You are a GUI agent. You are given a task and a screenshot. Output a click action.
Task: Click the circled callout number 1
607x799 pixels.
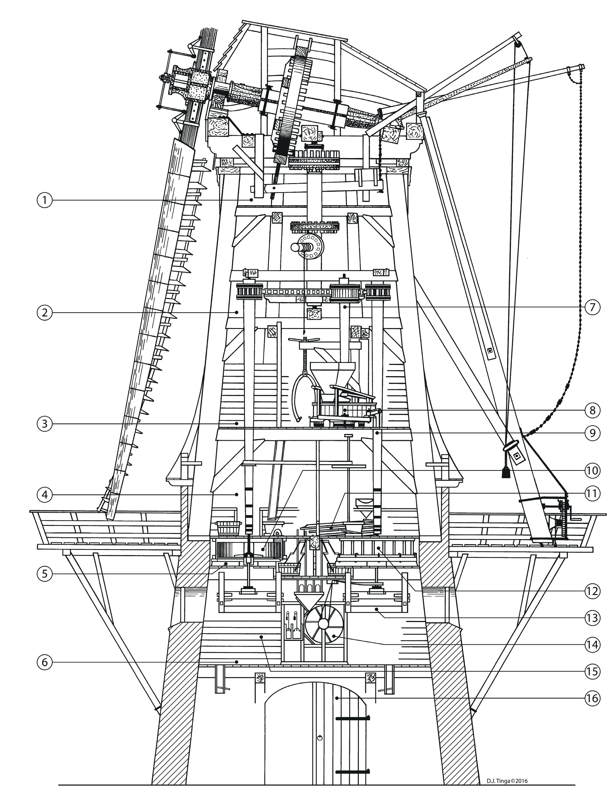coord(45,200)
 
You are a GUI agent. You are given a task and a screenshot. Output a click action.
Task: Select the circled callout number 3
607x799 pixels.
coord(45,423)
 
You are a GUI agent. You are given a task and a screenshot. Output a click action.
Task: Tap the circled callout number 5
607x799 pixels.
coord(45,574)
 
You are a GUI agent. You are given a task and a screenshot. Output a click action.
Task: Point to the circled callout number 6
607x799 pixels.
coord(45,662)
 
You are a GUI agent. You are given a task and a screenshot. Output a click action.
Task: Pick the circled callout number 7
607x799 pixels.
coord(592,307)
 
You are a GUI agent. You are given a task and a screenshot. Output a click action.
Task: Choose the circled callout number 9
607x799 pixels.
coord(592,433)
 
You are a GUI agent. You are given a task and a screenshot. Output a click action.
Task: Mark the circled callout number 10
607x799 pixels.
coord(592,470)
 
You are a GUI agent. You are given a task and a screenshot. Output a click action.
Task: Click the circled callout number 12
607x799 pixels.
coord(592,591)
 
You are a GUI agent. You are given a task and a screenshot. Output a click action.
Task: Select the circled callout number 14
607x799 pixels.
coord(592,644)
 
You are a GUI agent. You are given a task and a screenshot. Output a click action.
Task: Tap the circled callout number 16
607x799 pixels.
coord(592,698)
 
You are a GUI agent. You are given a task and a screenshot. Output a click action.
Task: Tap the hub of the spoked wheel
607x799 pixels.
coord(323,624)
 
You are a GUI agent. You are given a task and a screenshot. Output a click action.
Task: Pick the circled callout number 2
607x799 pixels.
coord(45,312)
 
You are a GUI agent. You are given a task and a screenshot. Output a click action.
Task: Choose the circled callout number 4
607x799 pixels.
coord(45,495)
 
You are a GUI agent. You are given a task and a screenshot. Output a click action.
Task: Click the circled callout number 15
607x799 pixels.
coord(592,671)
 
